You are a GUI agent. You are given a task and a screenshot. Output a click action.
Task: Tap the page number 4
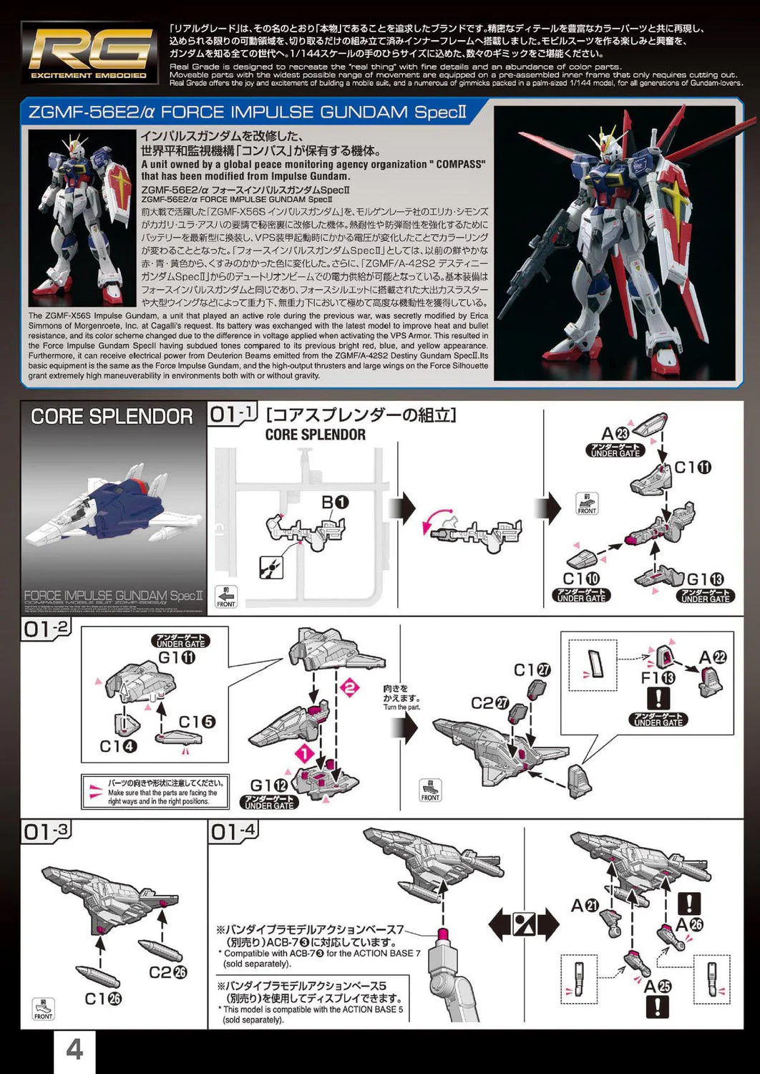74,1050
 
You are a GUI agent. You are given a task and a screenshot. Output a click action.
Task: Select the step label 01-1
233,415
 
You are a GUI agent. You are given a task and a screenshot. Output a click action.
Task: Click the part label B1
335,503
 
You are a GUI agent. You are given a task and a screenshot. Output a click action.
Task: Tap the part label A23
615,433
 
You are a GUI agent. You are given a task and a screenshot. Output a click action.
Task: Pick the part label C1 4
118,747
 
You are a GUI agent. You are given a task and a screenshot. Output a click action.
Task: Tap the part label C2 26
167,972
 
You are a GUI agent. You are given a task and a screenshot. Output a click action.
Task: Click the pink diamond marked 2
351,688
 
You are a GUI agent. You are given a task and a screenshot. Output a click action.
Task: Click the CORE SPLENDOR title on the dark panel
112,417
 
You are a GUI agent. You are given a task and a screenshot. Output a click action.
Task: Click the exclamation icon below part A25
657,1008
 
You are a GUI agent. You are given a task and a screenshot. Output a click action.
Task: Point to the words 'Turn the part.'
402,707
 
